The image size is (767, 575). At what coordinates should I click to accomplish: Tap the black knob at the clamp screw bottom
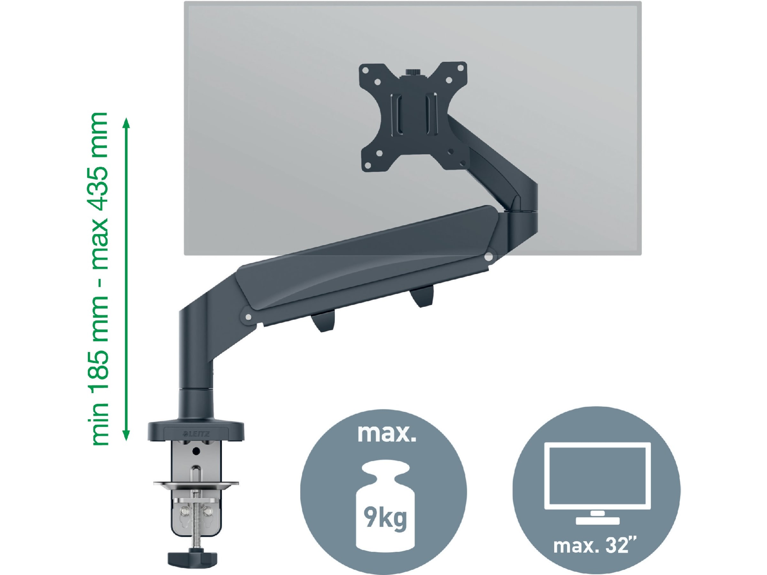point(192,558)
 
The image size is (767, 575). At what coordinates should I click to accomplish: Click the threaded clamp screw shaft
point(196,520)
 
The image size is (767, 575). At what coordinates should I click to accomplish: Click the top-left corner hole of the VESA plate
point(365,69)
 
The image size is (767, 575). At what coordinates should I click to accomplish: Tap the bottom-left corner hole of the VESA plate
point(367,165)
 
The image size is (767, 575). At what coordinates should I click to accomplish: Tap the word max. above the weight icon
point(386,433)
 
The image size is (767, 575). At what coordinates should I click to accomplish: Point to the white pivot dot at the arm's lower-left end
point(248,317)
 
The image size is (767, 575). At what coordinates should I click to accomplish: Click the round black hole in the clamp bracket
point(196,451)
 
